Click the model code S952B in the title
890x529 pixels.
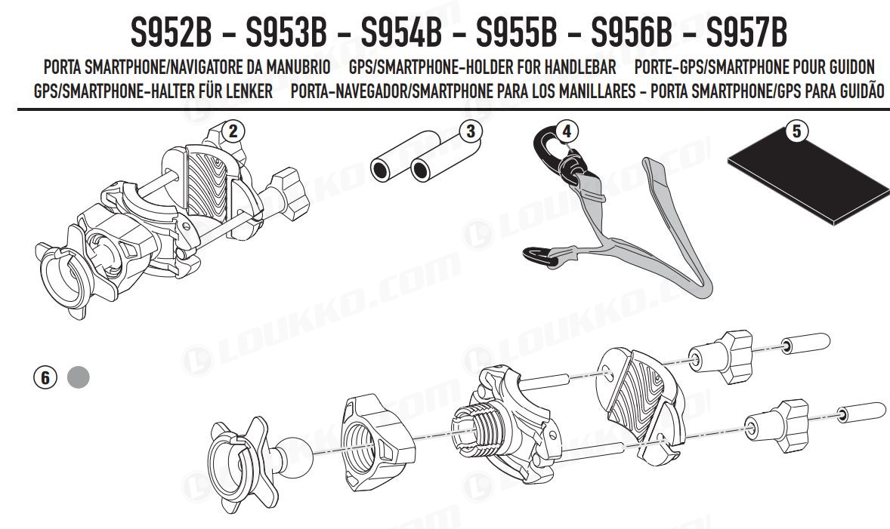171,33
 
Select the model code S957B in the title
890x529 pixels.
746,33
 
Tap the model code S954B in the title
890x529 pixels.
401,33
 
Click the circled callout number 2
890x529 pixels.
233,131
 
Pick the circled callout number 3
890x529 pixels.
471,131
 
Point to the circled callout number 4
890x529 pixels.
566,131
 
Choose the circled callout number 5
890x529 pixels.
796,131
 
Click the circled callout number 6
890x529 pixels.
45,377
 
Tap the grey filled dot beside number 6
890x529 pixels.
79,377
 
